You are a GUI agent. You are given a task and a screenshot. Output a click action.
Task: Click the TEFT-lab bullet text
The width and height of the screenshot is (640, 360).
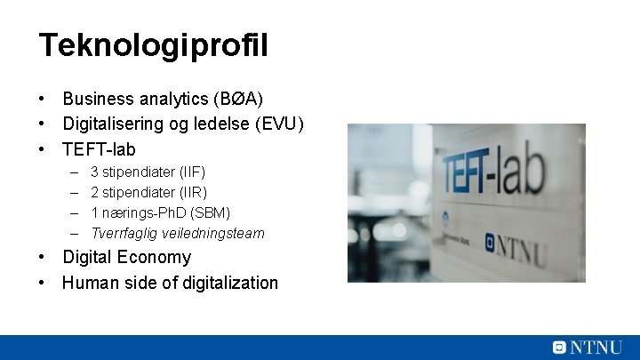[99, 149]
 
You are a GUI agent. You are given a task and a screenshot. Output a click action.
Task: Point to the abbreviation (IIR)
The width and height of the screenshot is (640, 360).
[193, 192]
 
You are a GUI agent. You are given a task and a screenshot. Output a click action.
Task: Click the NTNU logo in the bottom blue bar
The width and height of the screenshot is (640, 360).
[587, 348]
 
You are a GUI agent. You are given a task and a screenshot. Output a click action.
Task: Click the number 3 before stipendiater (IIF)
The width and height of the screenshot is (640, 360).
[95, 171]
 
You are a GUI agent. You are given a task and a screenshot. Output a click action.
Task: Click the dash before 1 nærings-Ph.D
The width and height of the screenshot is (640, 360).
[72, 212]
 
